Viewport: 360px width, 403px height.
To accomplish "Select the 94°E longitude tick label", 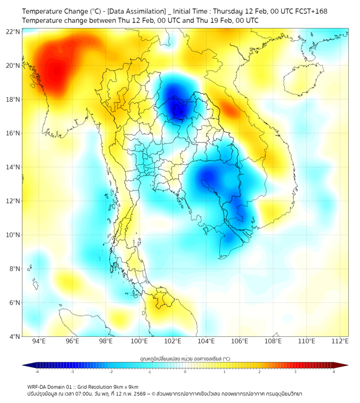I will coord(39,341).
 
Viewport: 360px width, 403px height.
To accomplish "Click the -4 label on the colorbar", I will coord(37,372).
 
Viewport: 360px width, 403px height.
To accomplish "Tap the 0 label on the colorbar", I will coord(185,372).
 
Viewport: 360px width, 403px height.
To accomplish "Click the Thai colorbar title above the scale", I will coord(185,359).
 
